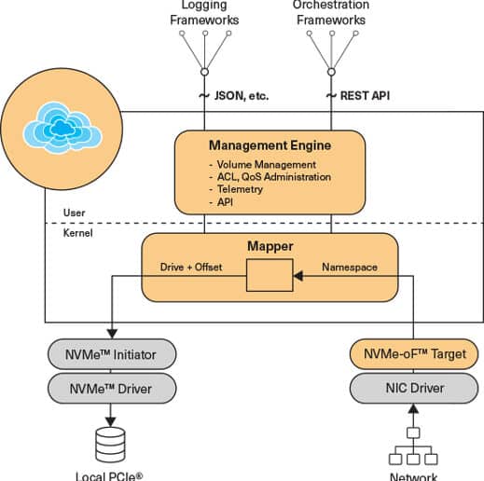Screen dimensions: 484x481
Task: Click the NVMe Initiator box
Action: coord(112,354)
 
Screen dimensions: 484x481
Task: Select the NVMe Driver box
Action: coord(112,389)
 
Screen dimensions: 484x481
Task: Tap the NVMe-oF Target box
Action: coord(414,354)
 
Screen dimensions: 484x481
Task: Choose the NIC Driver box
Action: coord(414,388)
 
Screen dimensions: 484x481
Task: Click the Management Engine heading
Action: coord(270,145)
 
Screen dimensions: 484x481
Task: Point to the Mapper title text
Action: coord(270,246)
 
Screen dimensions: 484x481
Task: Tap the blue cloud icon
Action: coord(62,128)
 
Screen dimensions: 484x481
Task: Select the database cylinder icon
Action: coord(110,445)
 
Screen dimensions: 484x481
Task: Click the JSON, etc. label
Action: coord(242,96)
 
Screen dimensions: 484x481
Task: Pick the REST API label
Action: coord(365,96)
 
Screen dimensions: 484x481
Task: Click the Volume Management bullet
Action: coord(262,164)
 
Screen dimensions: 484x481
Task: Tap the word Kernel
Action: coord(77,233)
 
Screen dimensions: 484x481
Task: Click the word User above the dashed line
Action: coord(74,213)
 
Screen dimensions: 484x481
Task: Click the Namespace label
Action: coord(350,267)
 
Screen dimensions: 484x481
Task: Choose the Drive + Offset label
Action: coord(191,267)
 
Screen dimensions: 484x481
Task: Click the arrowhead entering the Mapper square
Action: coord(298,276)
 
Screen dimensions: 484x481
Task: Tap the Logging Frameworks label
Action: coord(204,12)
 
